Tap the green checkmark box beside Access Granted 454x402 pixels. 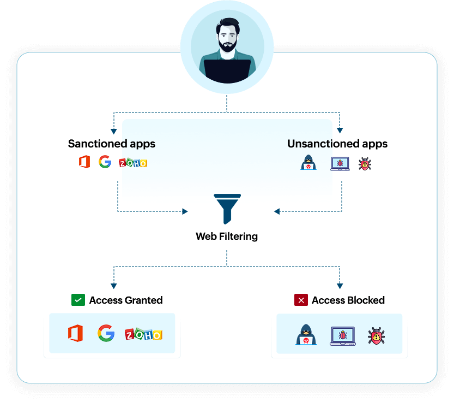tap(78, 300)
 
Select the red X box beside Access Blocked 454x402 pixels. tap(301, 300)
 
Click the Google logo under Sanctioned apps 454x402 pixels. tap(105, 162)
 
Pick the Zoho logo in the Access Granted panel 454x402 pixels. tap(144, 334)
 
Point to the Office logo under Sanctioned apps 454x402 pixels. tap(84, 162)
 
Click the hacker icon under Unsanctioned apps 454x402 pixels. tap(308, 163)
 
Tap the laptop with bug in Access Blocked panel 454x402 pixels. tap(343, 336)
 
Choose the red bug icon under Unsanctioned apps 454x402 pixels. tap(365, 164)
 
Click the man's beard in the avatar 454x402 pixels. tap(228, 46)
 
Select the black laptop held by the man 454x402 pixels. tap(227, 71)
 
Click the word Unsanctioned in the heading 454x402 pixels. tap(323, 144)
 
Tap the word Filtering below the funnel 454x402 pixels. tap(238, 237)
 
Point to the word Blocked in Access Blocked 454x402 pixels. tap(366, 300)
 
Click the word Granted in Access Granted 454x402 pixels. tap(144, 300)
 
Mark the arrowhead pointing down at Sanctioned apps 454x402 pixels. tap(114, 132)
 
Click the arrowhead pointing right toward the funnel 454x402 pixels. tap(185, 211)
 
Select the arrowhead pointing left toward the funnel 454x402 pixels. tap(277, 211)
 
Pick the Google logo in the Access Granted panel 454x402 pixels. tap(106, 333)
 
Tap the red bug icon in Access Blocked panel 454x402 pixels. tap(376, 336)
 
